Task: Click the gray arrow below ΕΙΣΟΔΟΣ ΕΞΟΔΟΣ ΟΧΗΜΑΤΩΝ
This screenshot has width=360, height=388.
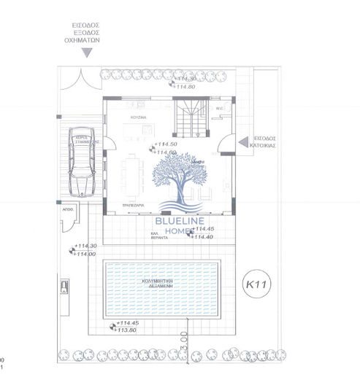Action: point(87,53)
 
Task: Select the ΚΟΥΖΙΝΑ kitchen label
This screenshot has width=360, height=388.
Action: point(139,117)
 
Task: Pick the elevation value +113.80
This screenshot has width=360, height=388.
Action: point(128,329)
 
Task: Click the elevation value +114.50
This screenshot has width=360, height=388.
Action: point(167,144)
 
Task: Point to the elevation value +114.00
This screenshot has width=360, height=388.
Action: point(85,253)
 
